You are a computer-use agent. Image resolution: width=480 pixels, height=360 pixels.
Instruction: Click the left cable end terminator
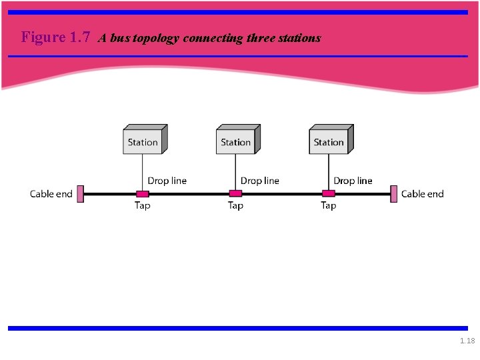pos(80,194)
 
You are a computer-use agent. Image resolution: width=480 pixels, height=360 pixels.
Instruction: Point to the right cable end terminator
pos(394,194)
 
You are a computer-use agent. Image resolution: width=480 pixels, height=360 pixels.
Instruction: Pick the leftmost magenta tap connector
pos(142,194)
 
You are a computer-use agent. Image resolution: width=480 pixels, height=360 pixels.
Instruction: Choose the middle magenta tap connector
pos(235,194)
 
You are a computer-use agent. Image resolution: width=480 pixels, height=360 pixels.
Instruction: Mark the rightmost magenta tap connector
pos(328,194)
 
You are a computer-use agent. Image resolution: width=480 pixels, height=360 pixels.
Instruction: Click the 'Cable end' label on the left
pos(51,194)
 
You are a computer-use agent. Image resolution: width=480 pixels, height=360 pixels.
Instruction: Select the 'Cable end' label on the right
pos(422,194)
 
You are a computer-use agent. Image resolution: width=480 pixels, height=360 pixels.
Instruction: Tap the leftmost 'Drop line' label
pos(167,181)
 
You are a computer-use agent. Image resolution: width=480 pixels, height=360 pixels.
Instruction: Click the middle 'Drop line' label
pos(260,181)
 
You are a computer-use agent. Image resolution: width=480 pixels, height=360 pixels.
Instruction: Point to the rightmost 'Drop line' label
pos(353,181)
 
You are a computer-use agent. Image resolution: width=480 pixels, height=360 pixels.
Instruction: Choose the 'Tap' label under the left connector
pos(142,205)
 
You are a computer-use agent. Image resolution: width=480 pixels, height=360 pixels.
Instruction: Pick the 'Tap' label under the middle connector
pos(235,205)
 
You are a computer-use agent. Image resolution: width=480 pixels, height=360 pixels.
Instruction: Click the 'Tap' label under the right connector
pos(328,205)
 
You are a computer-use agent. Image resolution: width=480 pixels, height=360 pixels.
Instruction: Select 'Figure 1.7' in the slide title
pos(55,37)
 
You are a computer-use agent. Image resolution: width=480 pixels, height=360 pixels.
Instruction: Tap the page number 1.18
pos(467,341)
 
